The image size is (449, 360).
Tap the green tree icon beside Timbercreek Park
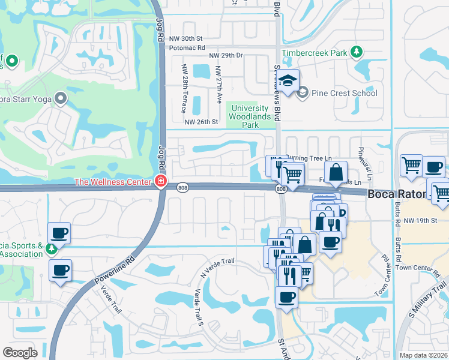point(357,52)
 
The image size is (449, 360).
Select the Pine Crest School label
point(345,92)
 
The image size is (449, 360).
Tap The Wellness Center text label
point(113,182)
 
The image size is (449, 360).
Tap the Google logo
point(20,352)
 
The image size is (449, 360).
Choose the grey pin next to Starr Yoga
point(60,97)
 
